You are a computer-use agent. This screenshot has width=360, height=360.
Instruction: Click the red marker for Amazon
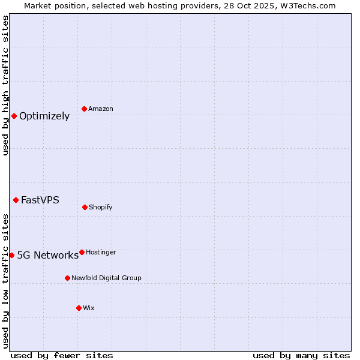click(x=85, y=109)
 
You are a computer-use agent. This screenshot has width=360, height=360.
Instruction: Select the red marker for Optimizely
click(x=14, y=116)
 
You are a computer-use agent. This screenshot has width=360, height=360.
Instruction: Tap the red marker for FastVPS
click(x=16, y=200)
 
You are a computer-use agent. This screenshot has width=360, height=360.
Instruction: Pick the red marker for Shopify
click(x=85, y=207)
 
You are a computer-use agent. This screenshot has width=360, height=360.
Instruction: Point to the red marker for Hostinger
click(x=82, y=252)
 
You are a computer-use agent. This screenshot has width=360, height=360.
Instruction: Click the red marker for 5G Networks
click(x=11, y=255)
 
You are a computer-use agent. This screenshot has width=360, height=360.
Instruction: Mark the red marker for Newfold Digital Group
click(x=67, y=278)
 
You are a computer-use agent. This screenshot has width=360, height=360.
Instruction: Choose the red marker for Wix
click(x=79, y=308)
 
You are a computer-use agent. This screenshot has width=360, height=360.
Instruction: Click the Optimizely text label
click(x=44, y=116)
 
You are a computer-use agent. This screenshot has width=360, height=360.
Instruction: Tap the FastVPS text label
click(x=40, y=200)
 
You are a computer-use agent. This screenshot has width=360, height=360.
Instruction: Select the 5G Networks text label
click(x=47, y=256)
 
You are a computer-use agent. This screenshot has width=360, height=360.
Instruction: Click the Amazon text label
click(x=101, y=109)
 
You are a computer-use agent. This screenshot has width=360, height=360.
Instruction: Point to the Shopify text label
click(x=101, y=208)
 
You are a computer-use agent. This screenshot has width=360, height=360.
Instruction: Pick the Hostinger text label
click(x=101, y=253)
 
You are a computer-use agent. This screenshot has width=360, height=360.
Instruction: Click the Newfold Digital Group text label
click(x=106, y=278)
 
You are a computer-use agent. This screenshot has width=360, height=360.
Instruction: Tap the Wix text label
click(x=89, y=308)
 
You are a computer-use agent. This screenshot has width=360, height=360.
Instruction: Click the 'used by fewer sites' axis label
click(x=62, y=356)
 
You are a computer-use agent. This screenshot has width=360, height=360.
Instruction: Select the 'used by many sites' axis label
click(x=301, y=356)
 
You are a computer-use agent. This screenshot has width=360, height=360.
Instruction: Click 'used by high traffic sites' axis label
click(x=5, y=85)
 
